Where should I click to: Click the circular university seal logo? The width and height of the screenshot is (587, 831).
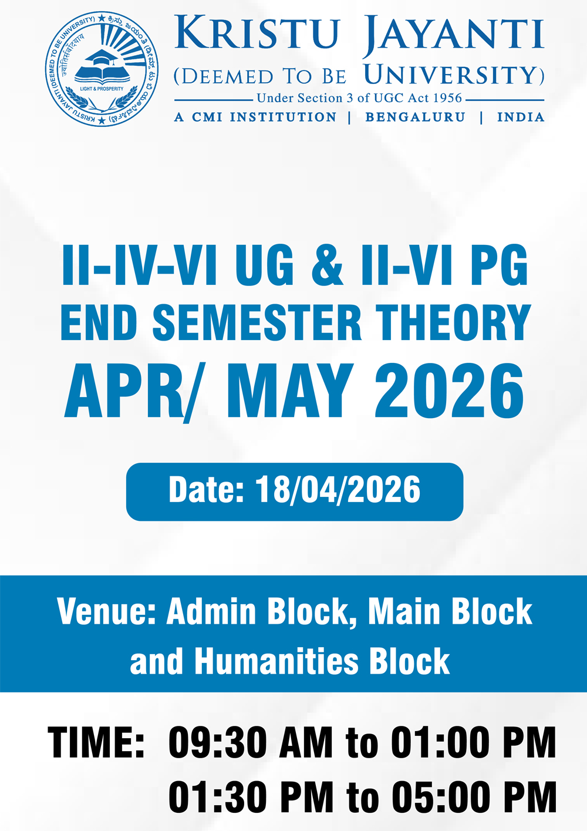click(102, 69)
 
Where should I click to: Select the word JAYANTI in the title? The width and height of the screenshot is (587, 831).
click(453, 34)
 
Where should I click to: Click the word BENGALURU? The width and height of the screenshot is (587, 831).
click(416, 117)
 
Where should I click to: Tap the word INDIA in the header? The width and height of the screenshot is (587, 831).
click(521, 117)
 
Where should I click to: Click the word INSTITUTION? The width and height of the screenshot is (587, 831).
click(283, 117)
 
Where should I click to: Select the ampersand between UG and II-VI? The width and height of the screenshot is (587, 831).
click(328, 264)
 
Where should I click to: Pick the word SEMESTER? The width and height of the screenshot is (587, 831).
click(257, 322)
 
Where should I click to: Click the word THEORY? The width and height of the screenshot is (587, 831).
click(454, 322)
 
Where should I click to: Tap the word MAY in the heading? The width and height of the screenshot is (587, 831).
click(290, 391)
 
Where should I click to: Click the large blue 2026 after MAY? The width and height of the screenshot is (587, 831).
click(450, 391)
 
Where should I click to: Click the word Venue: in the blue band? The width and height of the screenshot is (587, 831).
click(106, 611)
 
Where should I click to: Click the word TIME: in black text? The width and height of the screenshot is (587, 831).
click(96, 742)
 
